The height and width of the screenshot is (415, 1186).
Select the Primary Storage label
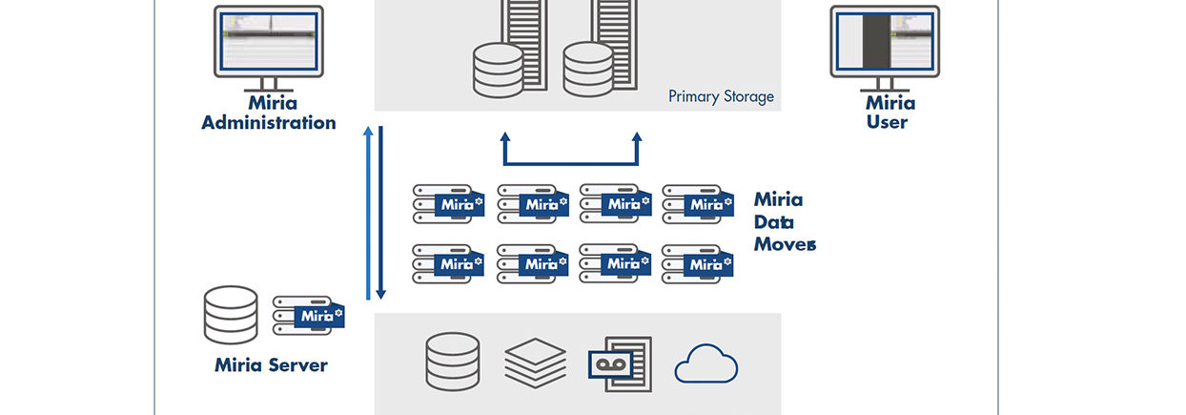(x=721, y=96)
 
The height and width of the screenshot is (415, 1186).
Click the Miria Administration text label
(x=269, y=113)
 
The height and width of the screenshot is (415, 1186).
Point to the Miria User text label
(x=889, y=113)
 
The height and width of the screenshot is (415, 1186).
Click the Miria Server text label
(x=271, y=365)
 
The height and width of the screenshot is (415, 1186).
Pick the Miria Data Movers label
(x=783, y=221)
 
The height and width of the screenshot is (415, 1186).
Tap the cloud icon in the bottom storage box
(x=706, y=363)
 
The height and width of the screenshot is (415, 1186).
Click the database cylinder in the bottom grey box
(x=453, y=362)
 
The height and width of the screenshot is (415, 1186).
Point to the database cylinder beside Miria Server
(x=231, y=315)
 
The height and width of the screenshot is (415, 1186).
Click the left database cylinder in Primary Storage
(x=498, y=69)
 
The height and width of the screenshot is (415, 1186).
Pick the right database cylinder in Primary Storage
(x=587, y=69)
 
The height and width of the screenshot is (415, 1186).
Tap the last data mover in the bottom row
(x=696, y=264)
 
